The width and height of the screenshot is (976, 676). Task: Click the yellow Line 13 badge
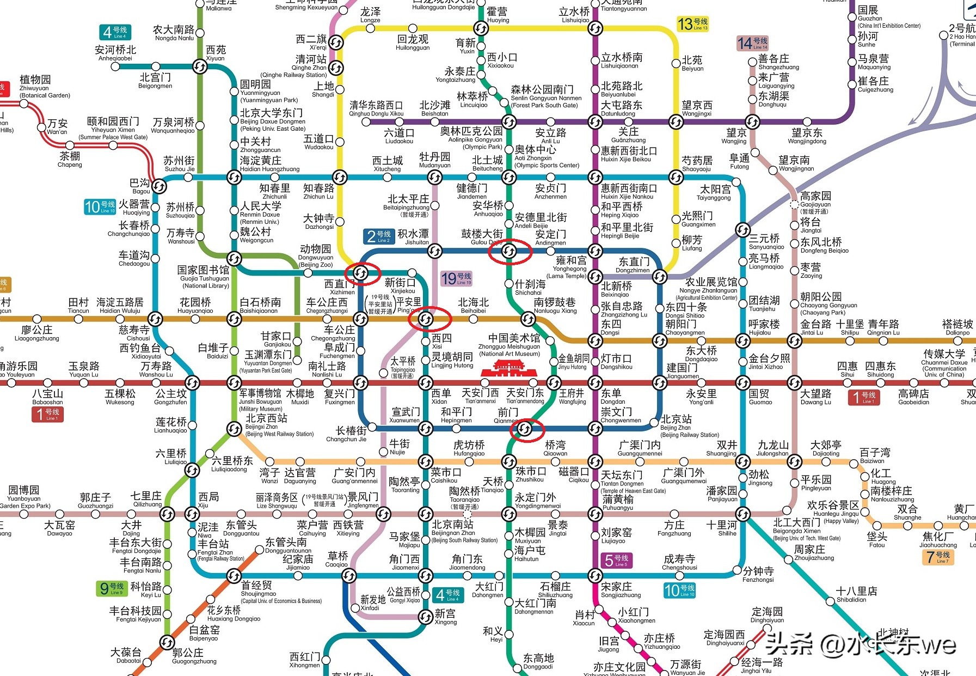[692, 24]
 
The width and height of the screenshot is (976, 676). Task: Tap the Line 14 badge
[752, 42]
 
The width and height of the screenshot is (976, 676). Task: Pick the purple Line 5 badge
[616, 560]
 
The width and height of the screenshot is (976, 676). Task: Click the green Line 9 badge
[112, 588]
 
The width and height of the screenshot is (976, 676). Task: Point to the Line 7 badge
[938, 557]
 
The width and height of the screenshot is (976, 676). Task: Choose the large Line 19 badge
[456, 279]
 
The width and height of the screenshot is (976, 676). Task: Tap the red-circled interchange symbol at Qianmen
[525, 429]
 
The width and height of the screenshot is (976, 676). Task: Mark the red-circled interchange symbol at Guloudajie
[509, 251]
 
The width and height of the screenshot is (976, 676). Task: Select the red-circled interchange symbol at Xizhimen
[361, 273]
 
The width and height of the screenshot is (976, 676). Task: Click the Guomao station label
[760, 397]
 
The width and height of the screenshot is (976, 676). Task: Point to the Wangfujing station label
[572, 397]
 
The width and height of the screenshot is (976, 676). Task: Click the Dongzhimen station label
[633, 265]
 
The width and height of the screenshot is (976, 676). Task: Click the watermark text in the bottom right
[860, 645]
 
